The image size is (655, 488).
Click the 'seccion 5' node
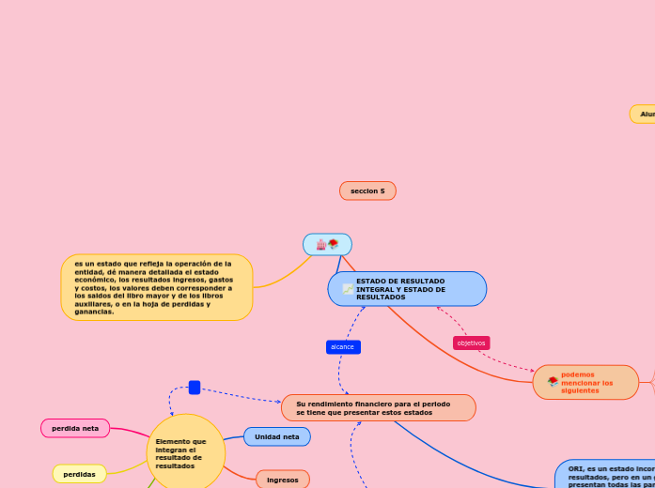(367, 191)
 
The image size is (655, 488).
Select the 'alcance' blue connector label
(343, 347)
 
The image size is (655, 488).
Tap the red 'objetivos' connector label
(471, 343)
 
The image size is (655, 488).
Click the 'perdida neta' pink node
(75, 428)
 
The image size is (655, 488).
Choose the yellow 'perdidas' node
(79, 474)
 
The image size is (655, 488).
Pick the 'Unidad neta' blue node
(276, 436)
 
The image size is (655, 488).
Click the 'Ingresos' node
(282, 480)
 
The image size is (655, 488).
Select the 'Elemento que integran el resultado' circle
(185, 453)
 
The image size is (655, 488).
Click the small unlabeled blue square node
(195, 388)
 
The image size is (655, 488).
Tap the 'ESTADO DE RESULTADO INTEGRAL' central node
(407, 289)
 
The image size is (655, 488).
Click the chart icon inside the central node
(348, 289)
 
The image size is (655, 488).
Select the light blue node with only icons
(327, 245)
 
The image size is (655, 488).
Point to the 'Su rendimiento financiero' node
(378, 408)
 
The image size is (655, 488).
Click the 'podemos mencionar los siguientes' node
(585, 382)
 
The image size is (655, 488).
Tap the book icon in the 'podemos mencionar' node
(553, 382)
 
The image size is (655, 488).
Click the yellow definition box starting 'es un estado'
(156, 287)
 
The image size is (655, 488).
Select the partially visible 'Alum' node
(644, 114)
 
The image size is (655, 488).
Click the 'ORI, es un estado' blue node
(606, 473)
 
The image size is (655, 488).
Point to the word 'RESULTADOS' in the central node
(381, 297)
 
